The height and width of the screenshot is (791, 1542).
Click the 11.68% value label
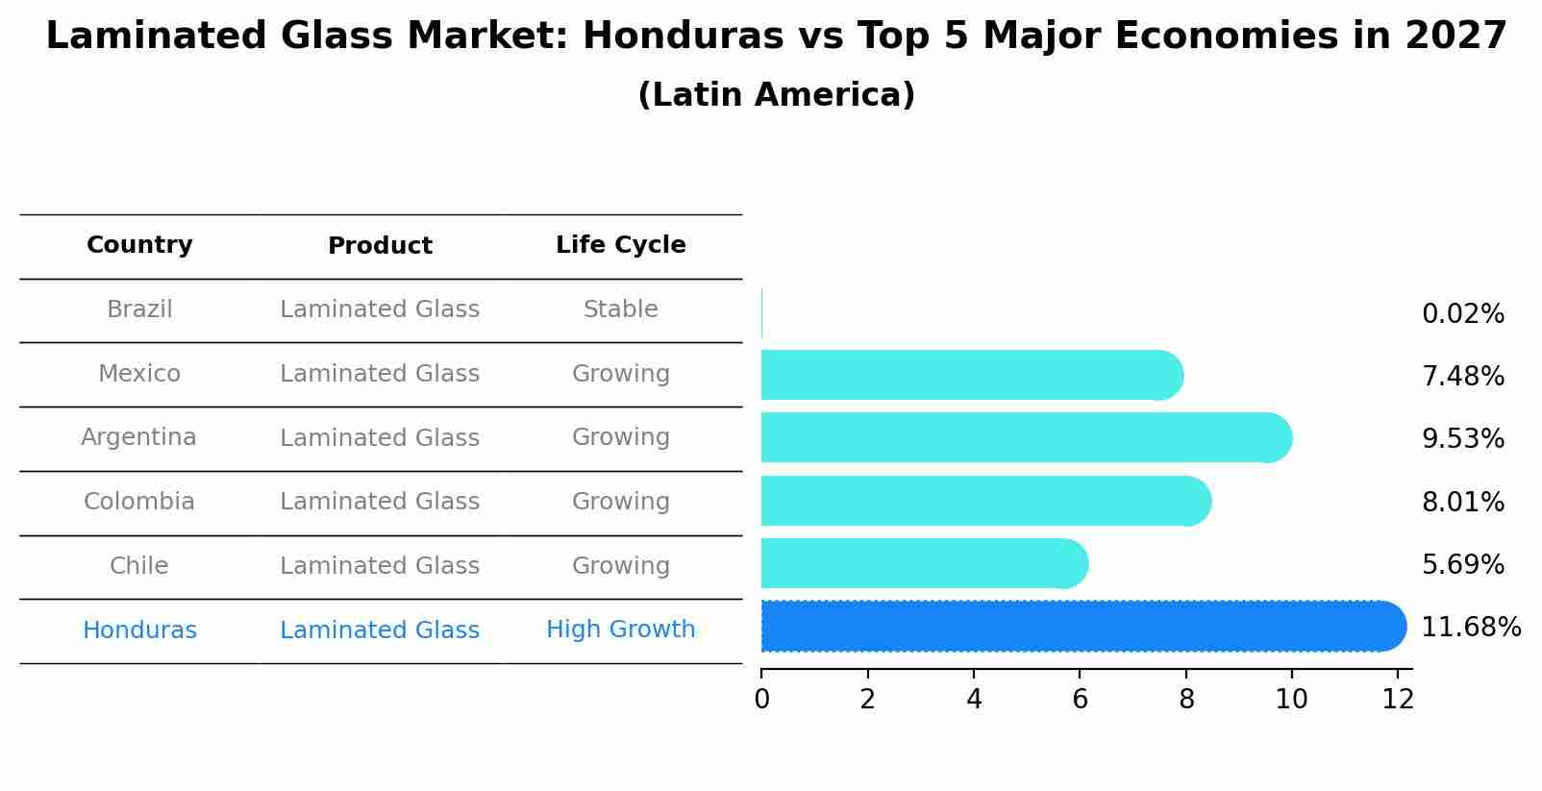coord(1471,628)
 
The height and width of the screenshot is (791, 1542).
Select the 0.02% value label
coord(1462,314)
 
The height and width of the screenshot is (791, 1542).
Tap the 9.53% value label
coord(1462,439)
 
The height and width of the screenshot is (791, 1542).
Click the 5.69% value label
coord(1462,565)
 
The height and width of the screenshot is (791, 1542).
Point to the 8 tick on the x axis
coord(1186,700)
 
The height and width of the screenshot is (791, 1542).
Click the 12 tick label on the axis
coord(1398,700)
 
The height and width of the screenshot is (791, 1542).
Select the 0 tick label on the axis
coord(761,700)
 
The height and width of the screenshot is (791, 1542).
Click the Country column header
coord(139,245)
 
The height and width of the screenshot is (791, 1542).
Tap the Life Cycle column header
coord(620,245)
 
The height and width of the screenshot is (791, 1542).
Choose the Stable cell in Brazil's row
coord(620,309)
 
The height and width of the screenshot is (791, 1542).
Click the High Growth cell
coord(620,630)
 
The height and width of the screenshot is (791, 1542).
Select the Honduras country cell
coord(139,630)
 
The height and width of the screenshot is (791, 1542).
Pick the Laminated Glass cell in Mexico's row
coord(380,374)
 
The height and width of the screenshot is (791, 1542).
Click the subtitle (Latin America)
coord(776,95)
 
